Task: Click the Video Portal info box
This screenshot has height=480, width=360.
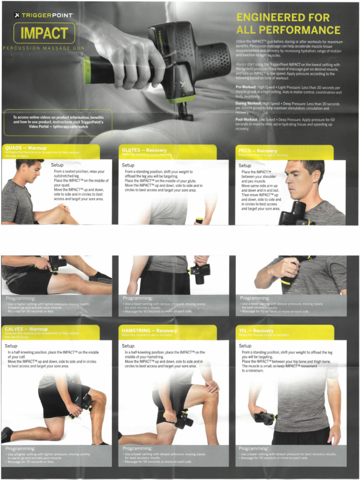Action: coord(58,122)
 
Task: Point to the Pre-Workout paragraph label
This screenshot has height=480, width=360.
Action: coord(246,87)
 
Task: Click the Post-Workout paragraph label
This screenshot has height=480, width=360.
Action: coord(247,120)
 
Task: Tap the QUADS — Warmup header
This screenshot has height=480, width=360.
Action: coord(26,148)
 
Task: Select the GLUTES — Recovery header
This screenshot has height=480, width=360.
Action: coord(144,150)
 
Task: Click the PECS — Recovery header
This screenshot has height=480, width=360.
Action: coord(258,151)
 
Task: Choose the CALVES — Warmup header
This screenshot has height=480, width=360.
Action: coord(26,329)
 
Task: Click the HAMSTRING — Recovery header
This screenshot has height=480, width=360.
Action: coord(149,330)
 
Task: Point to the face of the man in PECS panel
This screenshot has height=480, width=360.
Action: coord(299,180)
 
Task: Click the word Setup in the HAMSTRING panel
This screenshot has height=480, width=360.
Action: coord(128,346)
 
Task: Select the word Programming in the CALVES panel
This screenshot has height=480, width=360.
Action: coord(20,449)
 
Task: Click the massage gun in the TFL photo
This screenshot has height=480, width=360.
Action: coord(265,417)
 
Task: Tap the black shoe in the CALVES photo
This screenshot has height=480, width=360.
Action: coord(7,435)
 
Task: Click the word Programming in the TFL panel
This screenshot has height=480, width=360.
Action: coord(254,449)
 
